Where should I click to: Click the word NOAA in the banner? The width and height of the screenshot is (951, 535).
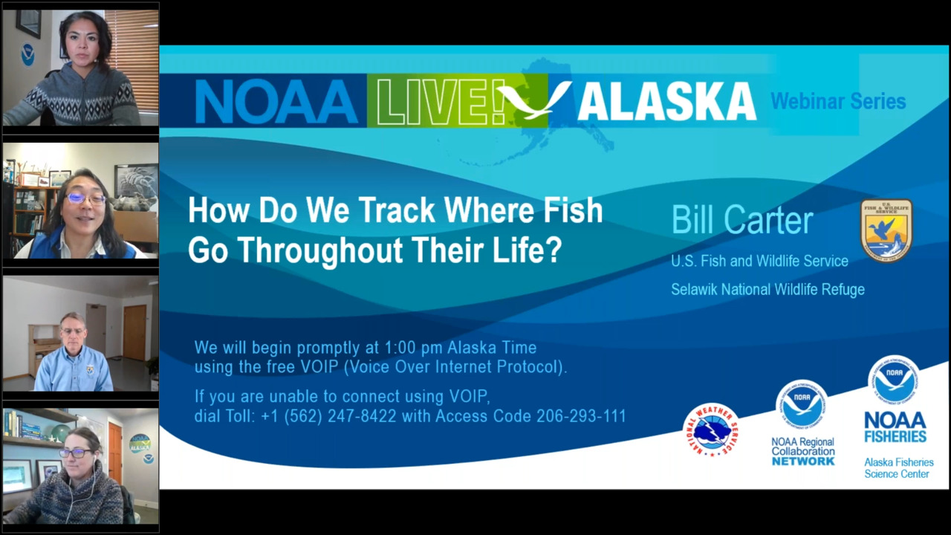click(x=276, y=102)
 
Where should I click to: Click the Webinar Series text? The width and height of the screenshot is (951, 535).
click(x=838, y=101)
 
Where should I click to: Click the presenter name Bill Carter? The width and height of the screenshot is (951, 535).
click(x=742, y=221)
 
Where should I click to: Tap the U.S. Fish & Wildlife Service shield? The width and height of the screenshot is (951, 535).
click(x=886, y=230)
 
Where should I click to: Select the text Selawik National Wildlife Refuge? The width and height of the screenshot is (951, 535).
click(x=767, y=290)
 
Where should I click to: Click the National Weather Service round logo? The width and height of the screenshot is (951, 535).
click(x=711, y=429)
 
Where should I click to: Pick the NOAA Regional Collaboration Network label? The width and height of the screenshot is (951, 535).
click(x=802, y=451)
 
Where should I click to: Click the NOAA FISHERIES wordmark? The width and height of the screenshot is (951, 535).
click(x=895, y=427)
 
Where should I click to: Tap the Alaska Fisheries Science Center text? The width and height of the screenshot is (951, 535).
click(x=898, y=468)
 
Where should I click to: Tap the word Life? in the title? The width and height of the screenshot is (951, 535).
click(x=528, y=250)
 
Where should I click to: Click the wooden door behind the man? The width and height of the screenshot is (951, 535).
click(x=134, y=332)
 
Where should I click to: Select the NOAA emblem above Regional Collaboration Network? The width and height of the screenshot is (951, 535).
click(x=802, y=405)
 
